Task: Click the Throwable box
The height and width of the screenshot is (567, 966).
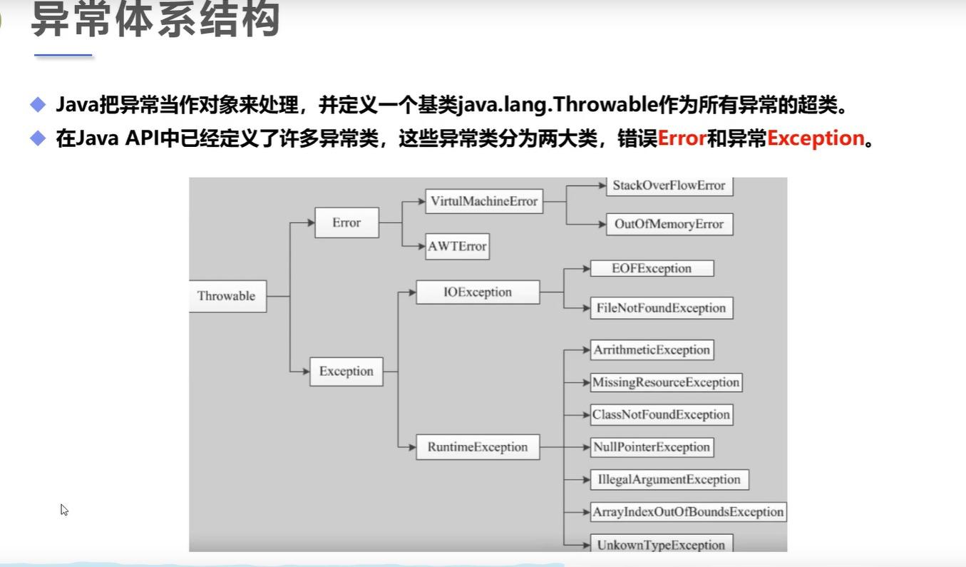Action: click(227, 296)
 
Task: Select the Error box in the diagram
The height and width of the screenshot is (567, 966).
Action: click(346, 223)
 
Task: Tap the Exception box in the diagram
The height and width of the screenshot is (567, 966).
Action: click(346, 372)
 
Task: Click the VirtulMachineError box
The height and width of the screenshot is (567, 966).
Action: click(484, 201)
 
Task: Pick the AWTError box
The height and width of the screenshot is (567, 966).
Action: click(457, 247)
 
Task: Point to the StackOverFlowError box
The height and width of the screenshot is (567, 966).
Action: click(669, 186)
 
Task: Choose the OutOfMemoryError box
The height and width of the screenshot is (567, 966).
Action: click(669, 224)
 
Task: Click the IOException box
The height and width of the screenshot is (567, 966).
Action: click(478, 292)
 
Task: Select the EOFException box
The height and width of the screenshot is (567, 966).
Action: click(652, 269)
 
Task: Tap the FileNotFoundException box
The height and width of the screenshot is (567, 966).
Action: click(662, 308)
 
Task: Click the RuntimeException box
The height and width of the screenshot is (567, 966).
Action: click(478, 447)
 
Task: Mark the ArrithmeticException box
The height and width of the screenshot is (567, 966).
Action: click(652, 350)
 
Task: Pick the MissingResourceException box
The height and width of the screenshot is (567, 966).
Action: click(666, 382)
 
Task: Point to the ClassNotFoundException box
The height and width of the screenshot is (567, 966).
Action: click(661, 415)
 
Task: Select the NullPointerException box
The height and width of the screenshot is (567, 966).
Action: click(652, 447)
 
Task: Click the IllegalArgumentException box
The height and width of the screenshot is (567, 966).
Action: click(669, 479)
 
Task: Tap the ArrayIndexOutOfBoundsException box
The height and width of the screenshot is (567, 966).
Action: click(688, 512)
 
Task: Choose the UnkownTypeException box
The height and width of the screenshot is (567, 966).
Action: click(661, 544)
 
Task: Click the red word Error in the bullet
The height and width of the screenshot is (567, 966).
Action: click(682, 138)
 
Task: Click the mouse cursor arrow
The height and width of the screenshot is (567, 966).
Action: click(63, 509)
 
